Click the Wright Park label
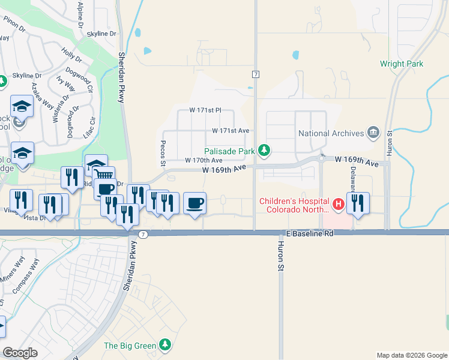[x=402, y=64]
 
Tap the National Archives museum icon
[x=373, y=133]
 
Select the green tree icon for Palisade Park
[x=263, y=150]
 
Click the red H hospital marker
[x=338, y=205]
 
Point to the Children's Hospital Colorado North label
[x=294, y=205]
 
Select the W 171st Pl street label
[x=205, y=110]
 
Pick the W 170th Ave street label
[x=203, y=160]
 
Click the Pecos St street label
[x=162, y=154]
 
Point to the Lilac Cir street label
[x=92, y=128]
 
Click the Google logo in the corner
[x=20, y=353]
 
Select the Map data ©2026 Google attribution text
[x=411, y=355]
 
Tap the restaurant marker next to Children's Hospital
[x=358, y=203]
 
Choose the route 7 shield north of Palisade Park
[x=256, y=74]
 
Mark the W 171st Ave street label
[x=230, y=130]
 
